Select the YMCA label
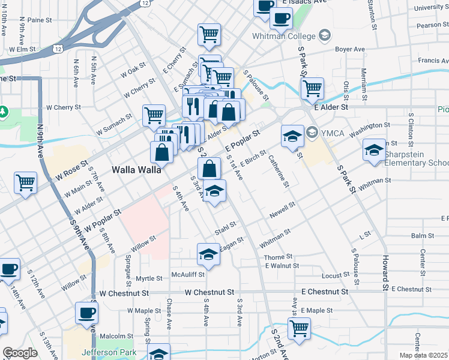(331, 133)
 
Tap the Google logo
(20, 353)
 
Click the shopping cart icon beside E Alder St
(312, 88)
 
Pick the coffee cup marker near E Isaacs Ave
(280, 17)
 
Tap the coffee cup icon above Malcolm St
(87, 312)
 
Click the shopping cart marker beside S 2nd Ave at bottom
(299, 328)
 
